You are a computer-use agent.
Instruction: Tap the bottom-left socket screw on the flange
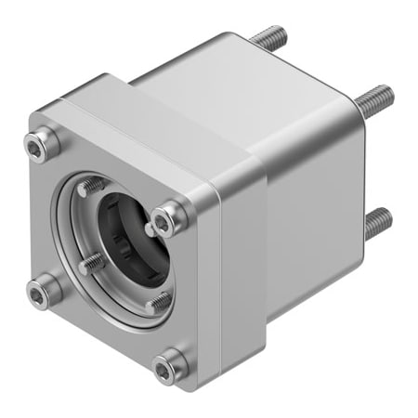click(x=37, y=293)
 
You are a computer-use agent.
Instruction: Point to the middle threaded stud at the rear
click(x=374, y=95)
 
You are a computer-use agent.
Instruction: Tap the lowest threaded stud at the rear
click(x=376, y=222)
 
